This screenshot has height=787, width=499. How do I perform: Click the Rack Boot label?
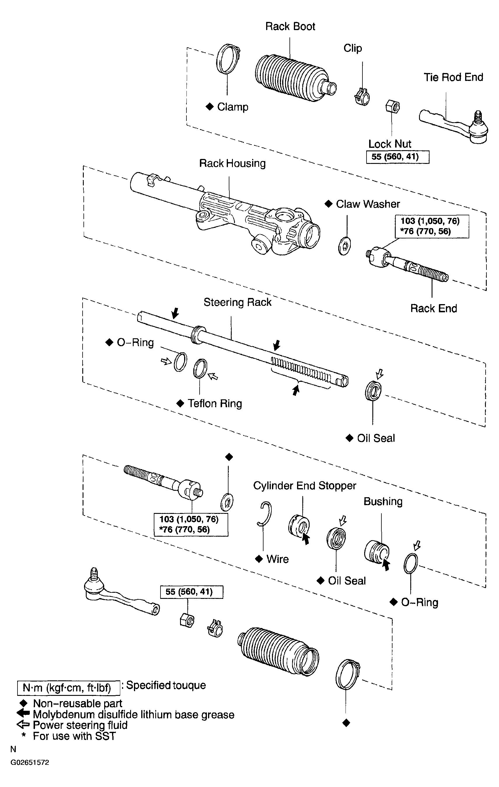click(290, 27)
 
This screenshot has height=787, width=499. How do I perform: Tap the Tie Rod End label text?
click(453, 77)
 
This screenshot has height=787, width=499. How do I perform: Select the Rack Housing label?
click(232, 163)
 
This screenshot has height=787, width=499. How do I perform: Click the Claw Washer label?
click(368, 204)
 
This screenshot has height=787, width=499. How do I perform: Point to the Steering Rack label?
click(238, 302)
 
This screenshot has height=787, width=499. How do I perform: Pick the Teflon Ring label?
click(214, 404)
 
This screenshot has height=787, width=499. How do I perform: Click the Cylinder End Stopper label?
click(304, 486)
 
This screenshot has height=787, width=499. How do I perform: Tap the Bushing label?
click(383, 502)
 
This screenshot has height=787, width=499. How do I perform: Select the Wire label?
click(277, 559)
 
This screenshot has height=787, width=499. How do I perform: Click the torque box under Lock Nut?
click(397, 157)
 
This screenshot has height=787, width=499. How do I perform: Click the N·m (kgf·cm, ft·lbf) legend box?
click(68, 688)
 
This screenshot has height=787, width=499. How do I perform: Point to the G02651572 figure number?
click(30, 762)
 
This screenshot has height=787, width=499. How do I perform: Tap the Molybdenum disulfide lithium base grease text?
click(134, 715)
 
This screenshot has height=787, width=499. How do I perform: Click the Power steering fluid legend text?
click(80, 725)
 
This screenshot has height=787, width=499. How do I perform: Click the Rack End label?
click(433, 308)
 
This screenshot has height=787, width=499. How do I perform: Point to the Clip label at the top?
click(353, 48)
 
